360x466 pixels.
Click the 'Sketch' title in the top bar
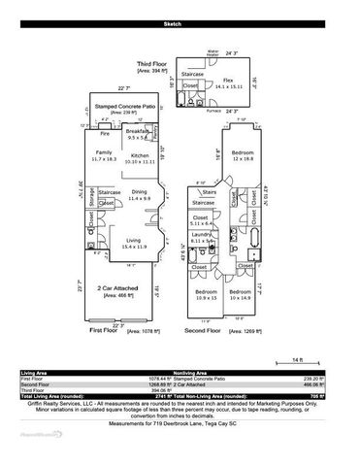(x=180, y=21)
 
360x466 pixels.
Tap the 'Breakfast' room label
(x=138, y=130)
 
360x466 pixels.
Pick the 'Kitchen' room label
(x=141, y=154)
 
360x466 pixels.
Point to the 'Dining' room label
(x=140, y=192)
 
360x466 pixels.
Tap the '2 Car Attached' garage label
(x=120, y=288)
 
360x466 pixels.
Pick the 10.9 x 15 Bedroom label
(x=205, y=292)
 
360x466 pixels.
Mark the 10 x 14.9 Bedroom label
(x=240, y=292)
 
